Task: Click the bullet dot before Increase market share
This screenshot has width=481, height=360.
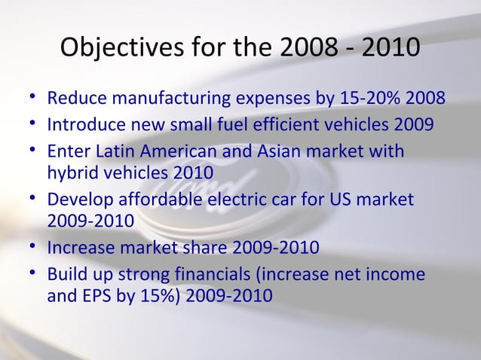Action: [29, 247]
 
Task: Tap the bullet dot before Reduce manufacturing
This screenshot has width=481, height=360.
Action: [29, 99]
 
